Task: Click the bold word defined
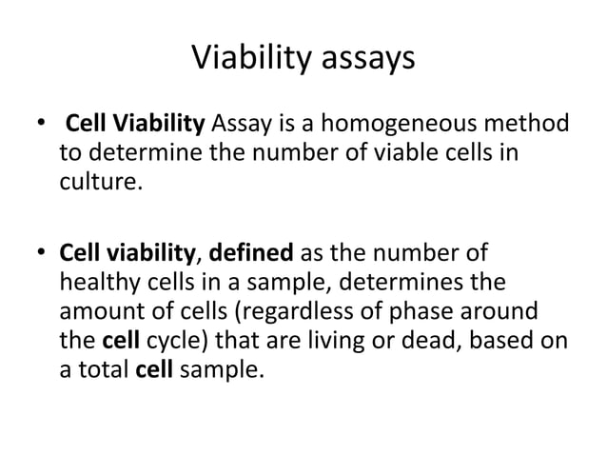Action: coord(252,255)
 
